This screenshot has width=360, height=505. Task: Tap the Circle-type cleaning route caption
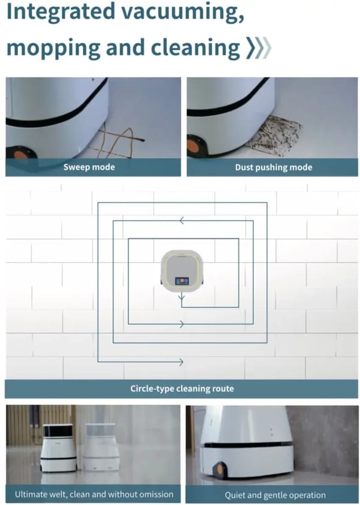182,389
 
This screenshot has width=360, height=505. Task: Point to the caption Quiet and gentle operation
275,495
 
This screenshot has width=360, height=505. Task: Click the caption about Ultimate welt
94,494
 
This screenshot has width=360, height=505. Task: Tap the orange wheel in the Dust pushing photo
194,145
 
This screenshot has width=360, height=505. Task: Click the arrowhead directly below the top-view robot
181,297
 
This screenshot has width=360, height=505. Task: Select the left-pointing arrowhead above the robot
181,222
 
